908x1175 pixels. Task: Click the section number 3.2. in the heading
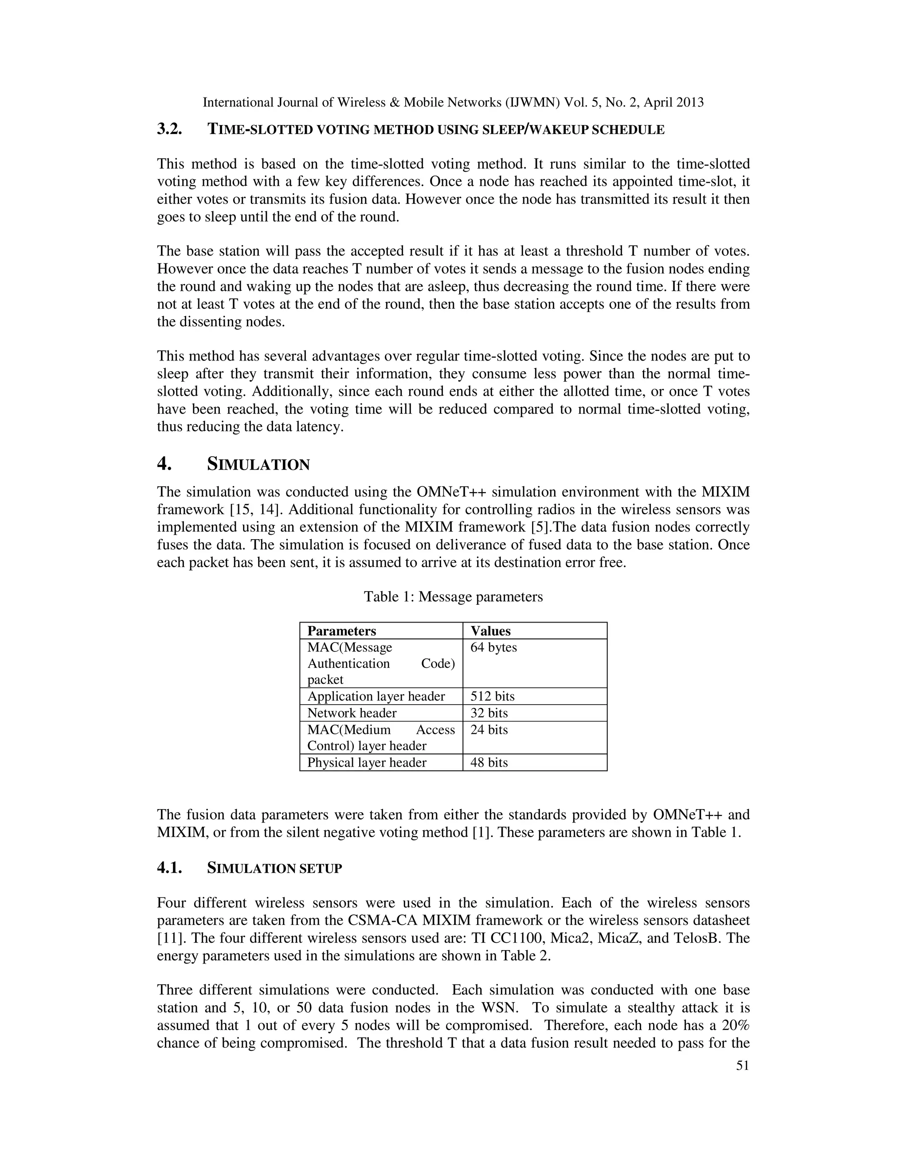169,129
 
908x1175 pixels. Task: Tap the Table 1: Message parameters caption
453,597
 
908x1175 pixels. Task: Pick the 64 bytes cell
493,647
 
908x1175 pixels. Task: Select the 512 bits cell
492,696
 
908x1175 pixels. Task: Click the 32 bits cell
489,713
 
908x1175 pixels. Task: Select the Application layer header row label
376,696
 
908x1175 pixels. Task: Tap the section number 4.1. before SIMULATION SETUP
169,868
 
